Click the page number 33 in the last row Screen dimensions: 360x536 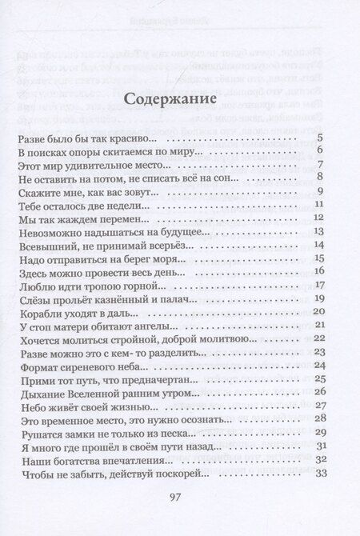click(x=317, y=472)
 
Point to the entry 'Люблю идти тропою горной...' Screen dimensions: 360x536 click(x=94, y=284)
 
